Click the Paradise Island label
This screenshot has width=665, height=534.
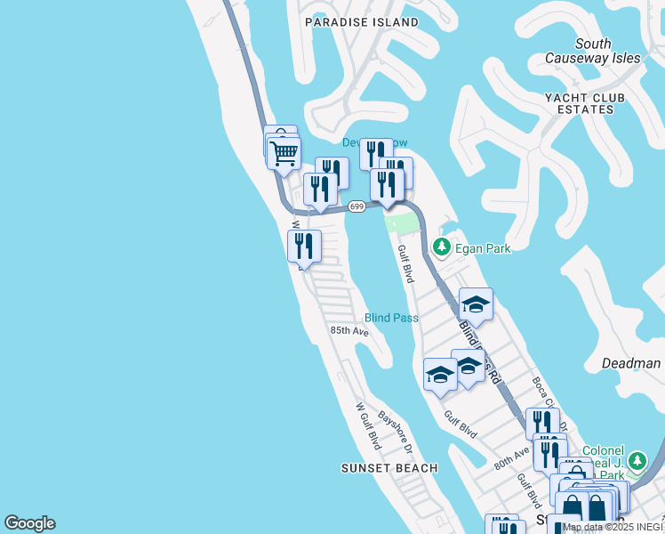[x=361, y=21]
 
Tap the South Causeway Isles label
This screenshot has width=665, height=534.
[x=593, y=51]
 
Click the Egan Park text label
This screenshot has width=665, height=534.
[x=483, y=248]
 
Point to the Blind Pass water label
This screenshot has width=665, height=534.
[x=390, y=317]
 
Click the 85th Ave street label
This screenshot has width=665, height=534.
[x=349, y=330]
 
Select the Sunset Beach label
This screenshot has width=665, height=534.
[x=389, y=468]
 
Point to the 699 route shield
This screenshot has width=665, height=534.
[x=357, y=206]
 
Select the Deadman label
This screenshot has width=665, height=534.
[x=630, y=363]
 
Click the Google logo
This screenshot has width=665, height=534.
[x=29, y=523]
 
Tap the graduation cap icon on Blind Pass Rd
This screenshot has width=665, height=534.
[x=476, y=304]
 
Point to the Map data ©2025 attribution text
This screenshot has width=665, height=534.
[x=613, y=527]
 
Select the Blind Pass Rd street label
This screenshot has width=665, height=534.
[x=481, y=352]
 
